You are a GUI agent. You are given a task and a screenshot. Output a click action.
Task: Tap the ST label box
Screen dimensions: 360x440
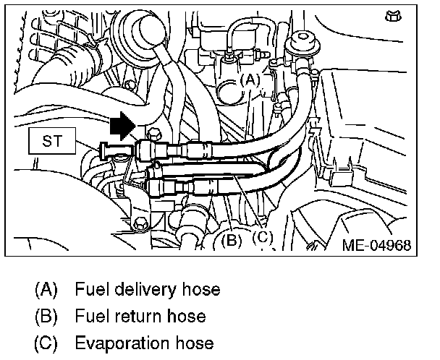[49, 142]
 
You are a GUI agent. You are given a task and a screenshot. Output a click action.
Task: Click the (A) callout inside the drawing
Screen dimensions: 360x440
[249, 79]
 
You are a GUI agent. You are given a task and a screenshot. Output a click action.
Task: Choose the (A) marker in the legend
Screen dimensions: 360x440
[46, 291]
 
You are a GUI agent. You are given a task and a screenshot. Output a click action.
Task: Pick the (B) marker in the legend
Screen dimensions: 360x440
[46, 317]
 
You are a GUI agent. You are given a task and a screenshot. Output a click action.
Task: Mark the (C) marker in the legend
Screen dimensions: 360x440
[46, 343]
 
